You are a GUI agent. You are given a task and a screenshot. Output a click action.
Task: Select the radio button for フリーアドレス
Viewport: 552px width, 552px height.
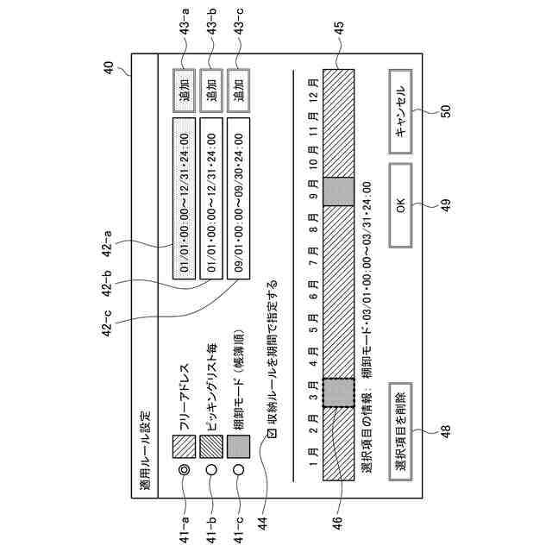pyautogui.click(x=185, y=470)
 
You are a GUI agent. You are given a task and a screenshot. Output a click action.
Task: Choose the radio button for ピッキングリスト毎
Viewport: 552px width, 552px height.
pyautogui.click(x=212, y=470)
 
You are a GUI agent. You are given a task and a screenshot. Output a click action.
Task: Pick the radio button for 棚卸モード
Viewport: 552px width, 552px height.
pyautogui.click(x=240, y=470)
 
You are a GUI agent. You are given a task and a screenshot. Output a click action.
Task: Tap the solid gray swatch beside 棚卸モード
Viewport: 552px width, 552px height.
pyautogui.click(x=240, y=446)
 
